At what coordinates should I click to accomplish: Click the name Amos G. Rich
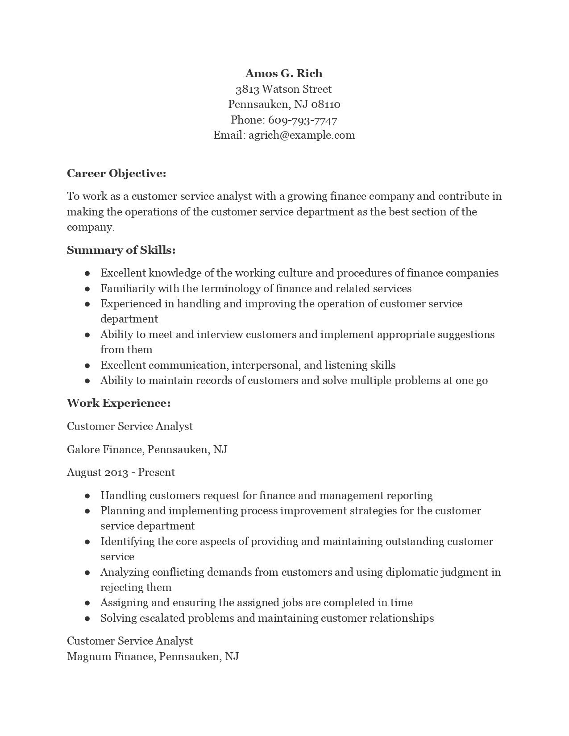pyautogui.click(x=284, y=74)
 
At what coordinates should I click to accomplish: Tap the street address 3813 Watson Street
pyautogui.click(x=284, y=89)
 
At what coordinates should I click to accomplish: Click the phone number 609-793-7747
pyautogui.click(x=303, y=120)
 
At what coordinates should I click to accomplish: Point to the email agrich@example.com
pyautogui.click(x=302, y=135)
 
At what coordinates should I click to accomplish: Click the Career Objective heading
pyautogui.click(x=116, y=174)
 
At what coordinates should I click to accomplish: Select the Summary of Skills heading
pyautogui.click(x=121, y=250)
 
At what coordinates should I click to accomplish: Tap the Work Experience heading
pyautogui.click(x=119, y=403)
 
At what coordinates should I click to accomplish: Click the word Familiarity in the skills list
pyautogui.click(x=128, y=289)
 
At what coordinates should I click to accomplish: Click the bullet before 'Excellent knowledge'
pyautogui.click(x=87, y=273)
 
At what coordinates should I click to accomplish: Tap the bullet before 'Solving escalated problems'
pyautogui.click(x=87, y=619)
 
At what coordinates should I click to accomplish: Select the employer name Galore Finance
pyautogui.click(x=105, y=449)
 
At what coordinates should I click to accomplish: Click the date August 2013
pyautogui.click(x=98, y=472)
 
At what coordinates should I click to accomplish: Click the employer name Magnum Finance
pyautogui.click(x=110, y=657)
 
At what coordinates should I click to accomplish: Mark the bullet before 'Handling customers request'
pyautogui.click(x=87, y=496)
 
